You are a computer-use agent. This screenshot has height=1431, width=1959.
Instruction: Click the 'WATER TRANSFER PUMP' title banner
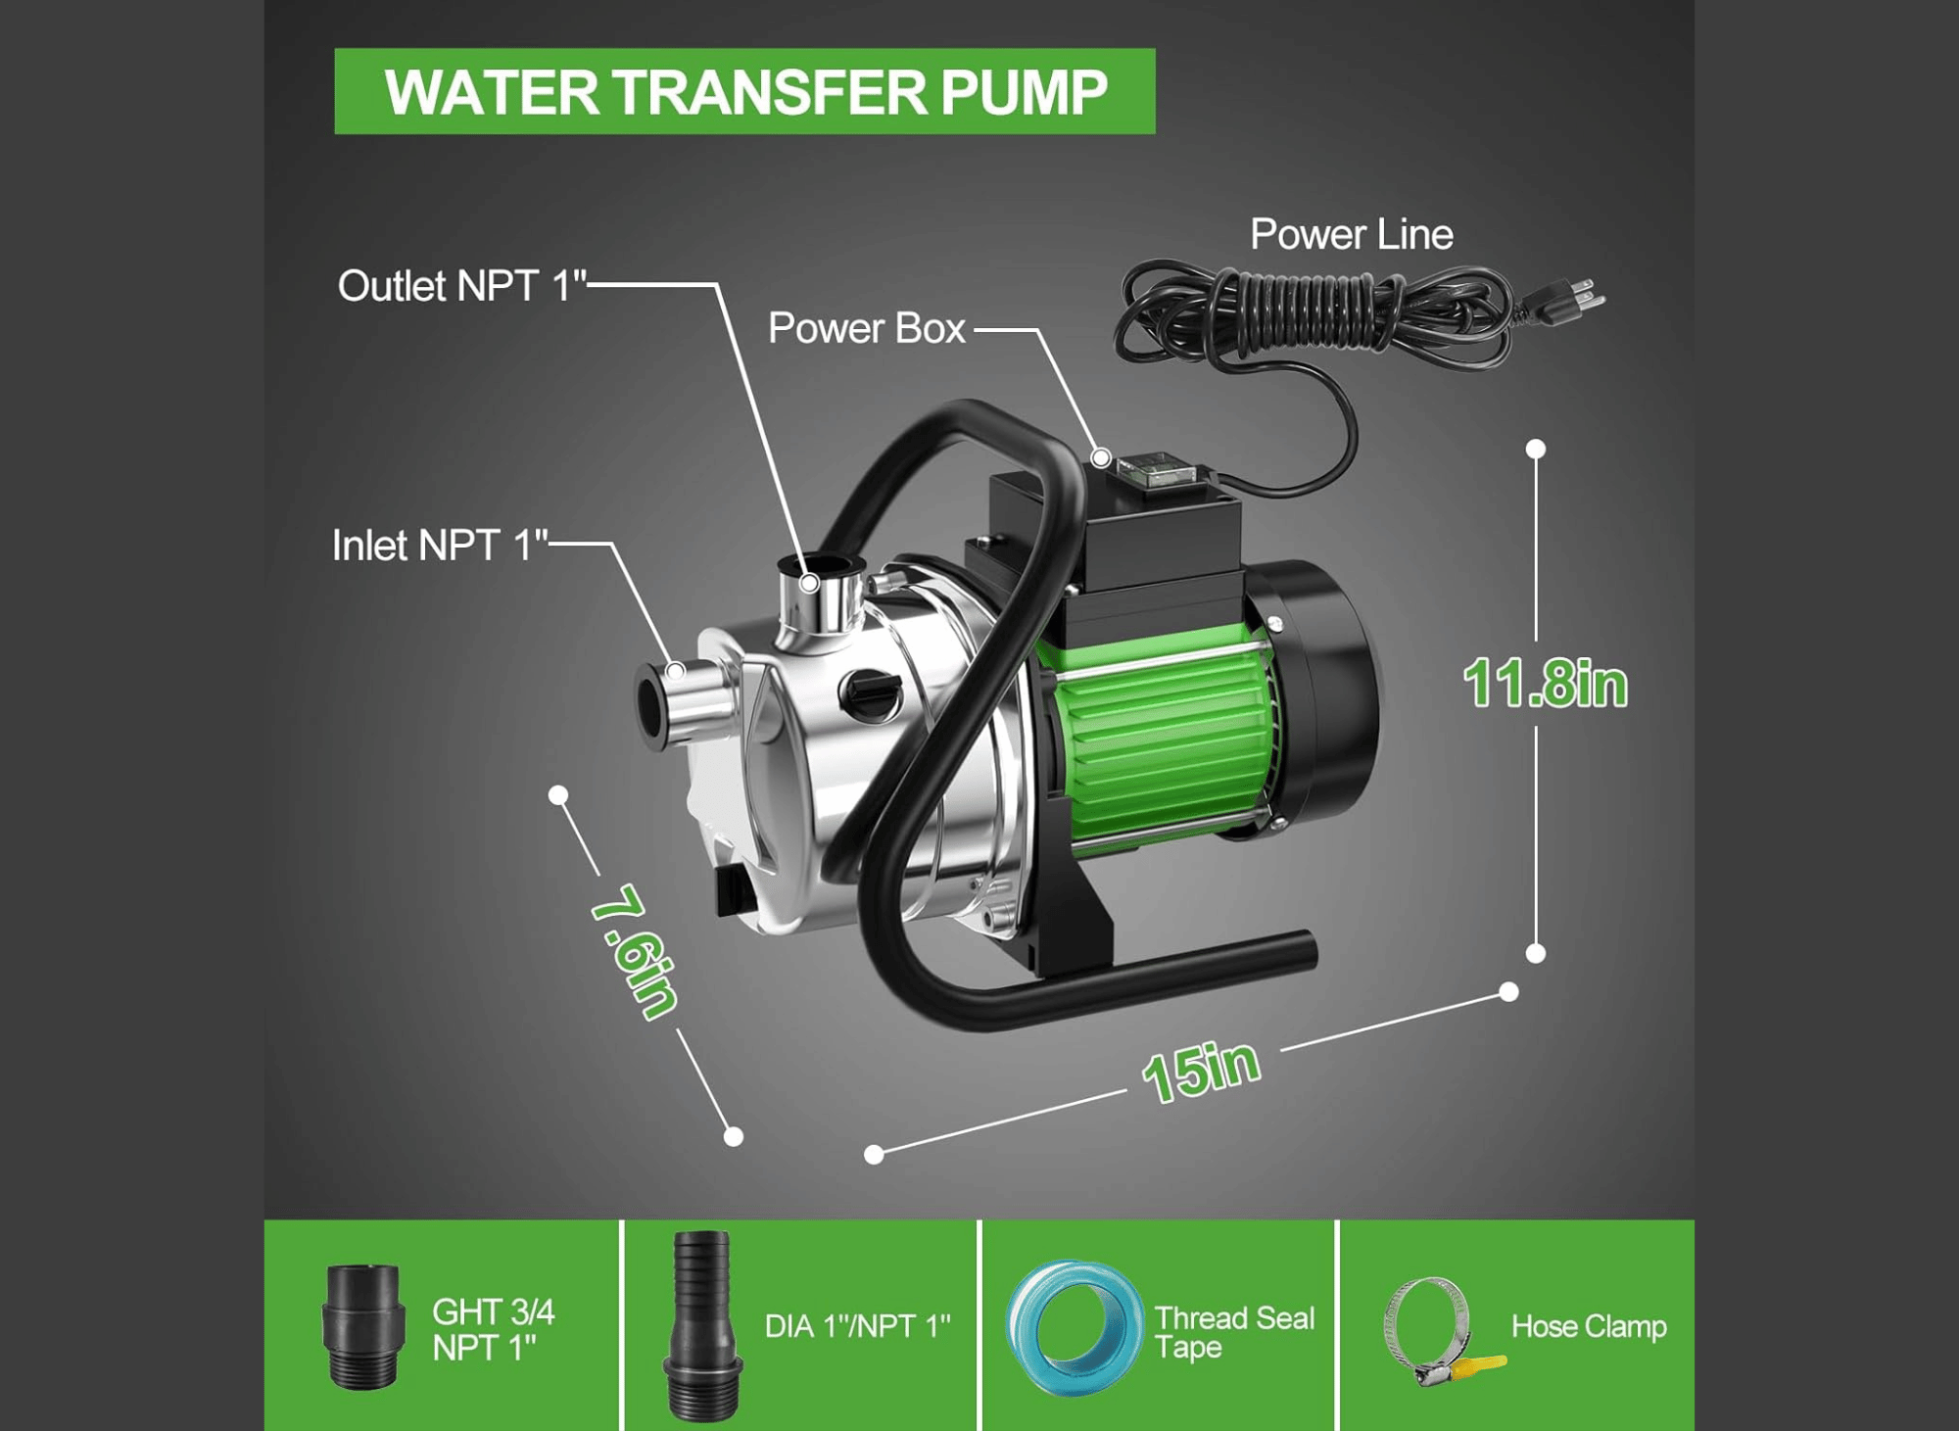click(x=744, y=91)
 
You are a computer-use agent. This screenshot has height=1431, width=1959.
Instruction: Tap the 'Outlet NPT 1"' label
click(x=461, y=286)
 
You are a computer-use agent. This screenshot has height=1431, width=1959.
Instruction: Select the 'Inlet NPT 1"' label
click(x=440, y=546)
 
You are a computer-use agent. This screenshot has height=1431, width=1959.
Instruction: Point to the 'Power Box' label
click(x=867, y=328)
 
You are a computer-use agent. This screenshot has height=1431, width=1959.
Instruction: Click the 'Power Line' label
click(x=1352, y=235)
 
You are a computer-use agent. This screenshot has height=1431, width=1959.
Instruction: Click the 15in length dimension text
click(x=1201, y=1071)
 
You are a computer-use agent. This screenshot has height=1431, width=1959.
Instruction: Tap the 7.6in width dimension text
click(x=635, y=951)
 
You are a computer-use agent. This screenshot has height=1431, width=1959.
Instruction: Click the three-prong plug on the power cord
click(x=1563, y=299)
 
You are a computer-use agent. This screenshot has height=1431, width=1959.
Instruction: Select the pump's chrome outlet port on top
click(x=819, y=597)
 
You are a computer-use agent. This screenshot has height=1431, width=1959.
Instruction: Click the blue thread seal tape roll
click(x=1075, y=1327)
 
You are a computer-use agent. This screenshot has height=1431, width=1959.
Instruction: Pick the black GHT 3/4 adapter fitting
click(x=363, y=1326)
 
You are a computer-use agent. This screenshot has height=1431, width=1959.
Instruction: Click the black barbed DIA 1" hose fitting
click(x=702, y=1326)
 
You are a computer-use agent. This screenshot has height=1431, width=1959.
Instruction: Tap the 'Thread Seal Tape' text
click(x=1234, y=1332)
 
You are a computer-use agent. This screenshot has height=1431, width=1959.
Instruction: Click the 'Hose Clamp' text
click(x=1589, y=1326)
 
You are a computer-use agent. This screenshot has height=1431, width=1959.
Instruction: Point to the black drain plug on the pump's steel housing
click(x=870, y=693)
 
